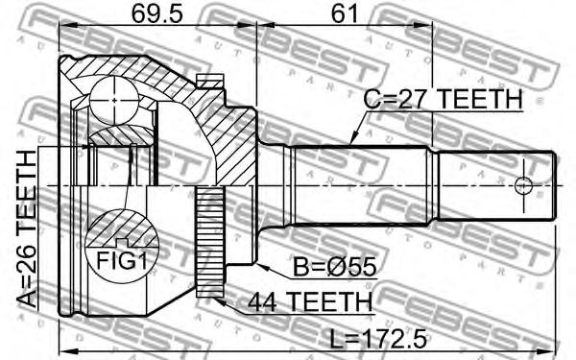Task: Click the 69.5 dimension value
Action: tap(156, 14)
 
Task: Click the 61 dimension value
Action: tap(344, 14)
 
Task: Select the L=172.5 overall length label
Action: tap(378, 339)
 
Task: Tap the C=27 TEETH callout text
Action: tap(443, 99)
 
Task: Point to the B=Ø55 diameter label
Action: tap(334, 267)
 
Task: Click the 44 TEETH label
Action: tap(310, 301)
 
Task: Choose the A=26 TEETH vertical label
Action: tap(27, 229)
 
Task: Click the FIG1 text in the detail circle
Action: tap(122, 261)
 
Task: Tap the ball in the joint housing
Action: tap(114, 100)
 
